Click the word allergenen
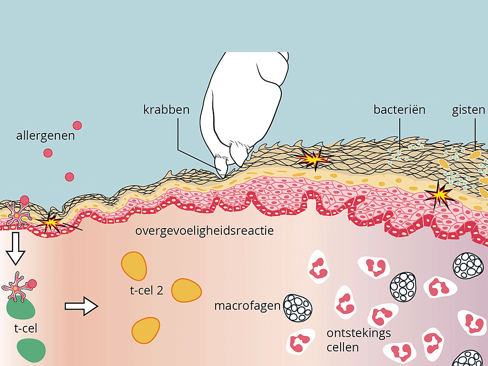45,136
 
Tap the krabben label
166,110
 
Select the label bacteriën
399,110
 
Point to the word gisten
469,110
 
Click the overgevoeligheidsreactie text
204,231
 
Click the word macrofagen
247,305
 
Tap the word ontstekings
358,333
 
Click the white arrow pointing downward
16,249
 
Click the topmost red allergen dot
77,125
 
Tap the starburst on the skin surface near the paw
313,158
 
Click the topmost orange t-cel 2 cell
134,265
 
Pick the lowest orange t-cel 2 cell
145,330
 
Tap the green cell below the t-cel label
31,350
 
